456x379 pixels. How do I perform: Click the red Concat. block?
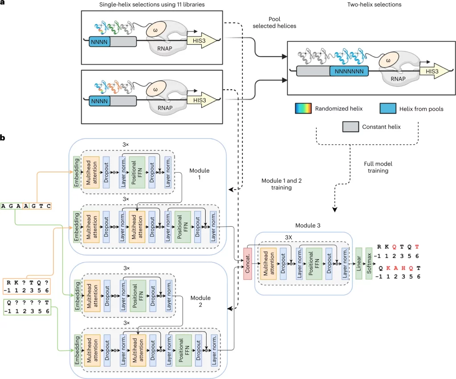(248, 264)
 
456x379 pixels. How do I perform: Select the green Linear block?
(359, 264)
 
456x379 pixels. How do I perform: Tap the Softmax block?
(369, 264)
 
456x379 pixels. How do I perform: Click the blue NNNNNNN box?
(349, 71)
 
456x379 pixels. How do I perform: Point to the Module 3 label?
(308, 225)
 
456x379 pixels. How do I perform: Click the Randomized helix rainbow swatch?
(303, 108)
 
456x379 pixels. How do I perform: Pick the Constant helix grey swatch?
(350, 127)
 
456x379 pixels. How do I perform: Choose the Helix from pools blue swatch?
(388, 108)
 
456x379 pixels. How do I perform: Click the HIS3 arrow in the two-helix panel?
(434, 71)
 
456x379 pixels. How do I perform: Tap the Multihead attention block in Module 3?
(269, 264)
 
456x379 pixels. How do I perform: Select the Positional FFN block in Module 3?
(314, 264)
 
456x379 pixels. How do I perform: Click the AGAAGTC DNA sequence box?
(26, 206)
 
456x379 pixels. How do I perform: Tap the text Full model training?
(378, 167)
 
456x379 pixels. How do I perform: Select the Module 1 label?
(199, 174)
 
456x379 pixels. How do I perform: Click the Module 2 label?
(200, 301)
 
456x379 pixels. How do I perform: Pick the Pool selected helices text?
(274, 22)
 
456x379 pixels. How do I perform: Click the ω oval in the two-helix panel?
(388, 61)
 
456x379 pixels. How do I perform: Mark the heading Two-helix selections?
(374, 4)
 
